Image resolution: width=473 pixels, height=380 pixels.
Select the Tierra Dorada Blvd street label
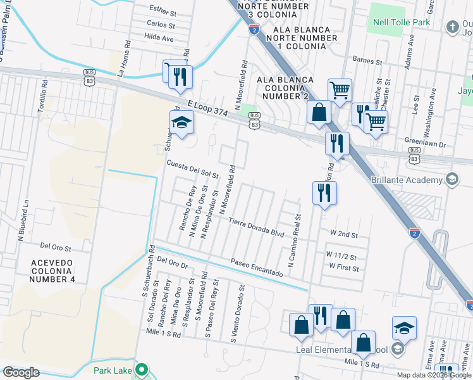[x=257, y=227]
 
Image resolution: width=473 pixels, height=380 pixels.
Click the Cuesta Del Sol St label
[x=192, y=169]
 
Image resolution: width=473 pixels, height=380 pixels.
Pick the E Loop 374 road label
[x=207, y=106]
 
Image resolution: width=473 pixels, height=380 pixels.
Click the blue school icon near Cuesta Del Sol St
[x=181, y=123]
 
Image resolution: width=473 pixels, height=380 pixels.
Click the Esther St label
[x=163, y=8]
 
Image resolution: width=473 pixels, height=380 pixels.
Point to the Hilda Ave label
[x=159, y=38]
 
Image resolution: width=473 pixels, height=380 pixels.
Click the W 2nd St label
[x=343, y=234]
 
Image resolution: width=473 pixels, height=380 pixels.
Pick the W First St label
[x=343, y=269]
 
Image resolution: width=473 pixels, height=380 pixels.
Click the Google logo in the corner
[x=20, y=372]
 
